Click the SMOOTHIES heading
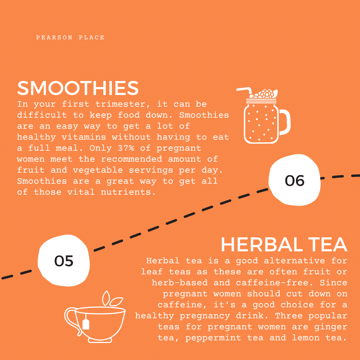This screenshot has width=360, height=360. point(78,88)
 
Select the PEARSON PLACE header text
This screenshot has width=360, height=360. point(70,37)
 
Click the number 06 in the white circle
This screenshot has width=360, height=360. point(295,180)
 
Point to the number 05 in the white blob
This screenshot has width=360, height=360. point(64,261)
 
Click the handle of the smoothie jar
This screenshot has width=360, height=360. point(285,122)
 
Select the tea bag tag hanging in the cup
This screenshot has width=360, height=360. point(86,323)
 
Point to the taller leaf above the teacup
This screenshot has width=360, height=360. point(106,298)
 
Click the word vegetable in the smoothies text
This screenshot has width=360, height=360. point(98,170)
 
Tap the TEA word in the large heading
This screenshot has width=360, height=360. point(328,245)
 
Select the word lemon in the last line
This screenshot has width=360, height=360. point(306,338)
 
